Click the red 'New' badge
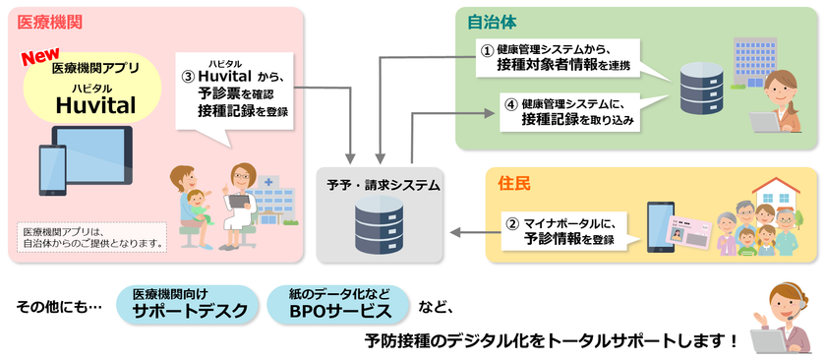pos(40,57)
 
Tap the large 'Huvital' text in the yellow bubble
pos(95,105)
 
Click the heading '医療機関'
pos(49,23)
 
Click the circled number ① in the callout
pos(489,49)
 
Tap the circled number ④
pos(509,104)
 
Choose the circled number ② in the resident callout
pos(512,224)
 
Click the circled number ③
pos(188,77)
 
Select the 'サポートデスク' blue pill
pos(190,305)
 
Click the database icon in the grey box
pos(380,225)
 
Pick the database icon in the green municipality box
pos(700,88)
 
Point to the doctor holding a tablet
pos(237,206)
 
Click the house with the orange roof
pos(776,193)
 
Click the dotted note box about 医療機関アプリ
pos(91,238)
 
